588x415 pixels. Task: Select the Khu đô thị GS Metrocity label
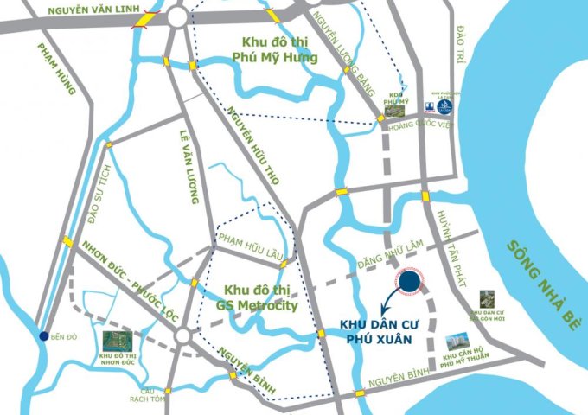click(x=261, y=297)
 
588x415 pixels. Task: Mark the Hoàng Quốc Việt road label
click(x=423, y=123)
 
